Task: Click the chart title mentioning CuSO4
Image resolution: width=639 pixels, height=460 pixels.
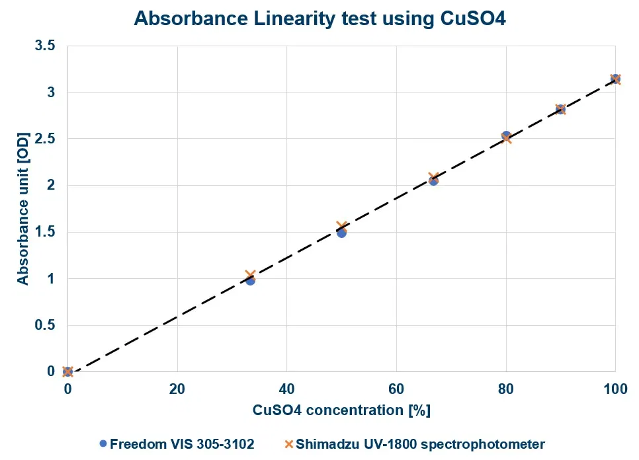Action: point(319,18)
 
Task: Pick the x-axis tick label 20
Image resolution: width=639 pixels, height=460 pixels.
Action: point(177,389)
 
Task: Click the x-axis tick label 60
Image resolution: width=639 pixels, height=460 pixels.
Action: point(396,389)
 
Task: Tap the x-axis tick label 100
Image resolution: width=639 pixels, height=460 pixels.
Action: point(615,389)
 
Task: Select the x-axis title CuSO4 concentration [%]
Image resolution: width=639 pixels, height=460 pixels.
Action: point(341,410)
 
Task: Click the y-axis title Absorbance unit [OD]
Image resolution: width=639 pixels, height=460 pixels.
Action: point(23,208)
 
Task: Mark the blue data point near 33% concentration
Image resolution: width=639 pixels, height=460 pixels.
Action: point(250,280)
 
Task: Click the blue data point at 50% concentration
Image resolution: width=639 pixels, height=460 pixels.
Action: point(341,233)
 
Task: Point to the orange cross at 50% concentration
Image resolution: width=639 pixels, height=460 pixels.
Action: point(341,227)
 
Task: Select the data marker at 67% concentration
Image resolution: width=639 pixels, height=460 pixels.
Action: point(433,180)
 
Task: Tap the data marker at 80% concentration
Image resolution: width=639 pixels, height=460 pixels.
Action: point(506,137)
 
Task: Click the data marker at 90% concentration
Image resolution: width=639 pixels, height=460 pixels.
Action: point(560,109)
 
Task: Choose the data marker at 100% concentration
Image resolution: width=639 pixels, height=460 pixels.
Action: point(615,79)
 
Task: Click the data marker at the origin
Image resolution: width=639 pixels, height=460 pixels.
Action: point(67,371)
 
